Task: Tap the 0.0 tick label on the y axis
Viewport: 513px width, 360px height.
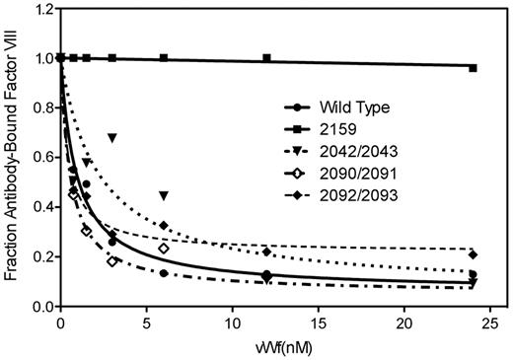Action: pyautogui.click(x=41, y=307)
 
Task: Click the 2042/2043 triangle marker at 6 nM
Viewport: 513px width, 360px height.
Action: pyautogui.click(x=164, y=195)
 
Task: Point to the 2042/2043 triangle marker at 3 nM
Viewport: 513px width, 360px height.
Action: pyautogui.click(x=112, y=137)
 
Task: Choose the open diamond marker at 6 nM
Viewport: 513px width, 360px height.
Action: pyautogui.click(x=164, y=249)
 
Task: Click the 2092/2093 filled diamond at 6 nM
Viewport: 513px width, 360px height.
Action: pyautogui.click(x=164, y=226)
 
